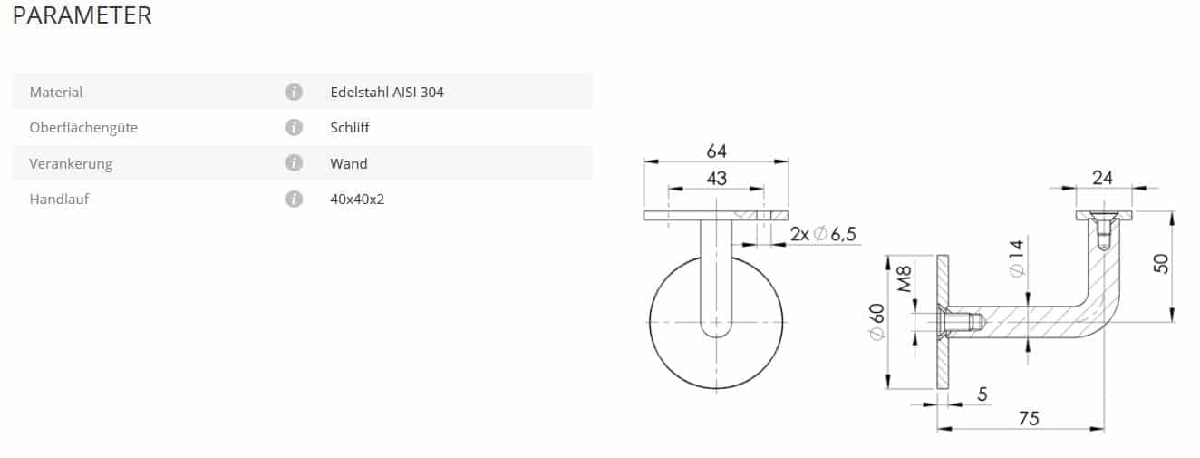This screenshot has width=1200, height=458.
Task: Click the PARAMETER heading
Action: pos(82,15)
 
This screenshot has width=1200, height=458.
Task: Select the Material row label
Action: pos(55,93)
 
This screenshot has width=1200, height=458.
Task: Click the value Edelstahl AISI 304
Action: pos(387,93)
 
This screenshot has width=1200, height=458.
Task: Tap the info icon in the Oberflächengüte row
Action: pos(294,127)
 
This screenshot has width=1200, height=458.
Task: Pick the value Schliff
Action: pos(349,127)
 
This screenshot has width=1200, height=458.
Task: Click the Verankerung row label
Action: pos(71,163)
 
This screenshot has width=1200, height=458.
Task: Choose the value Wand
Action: pos(348,163)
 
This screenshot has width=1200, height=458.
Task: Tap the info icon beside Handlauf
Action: pos(294,199)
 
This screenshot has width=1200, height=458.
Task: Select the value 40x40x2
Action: pos(357,200)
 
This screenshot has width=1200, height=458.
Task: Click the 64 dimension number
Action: pos(716,151)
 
